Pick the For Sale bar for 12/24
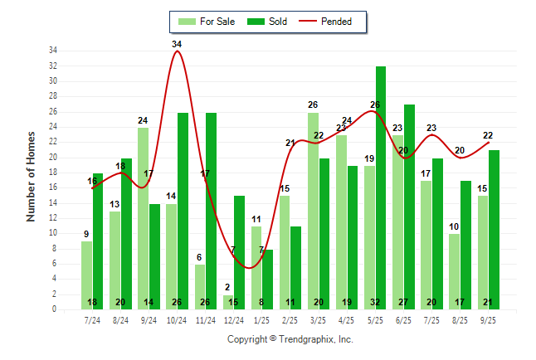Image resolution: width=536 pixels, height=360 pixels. tap(228, 302)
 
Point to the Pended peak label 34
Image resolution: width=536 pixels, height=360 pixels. tap(177, 44)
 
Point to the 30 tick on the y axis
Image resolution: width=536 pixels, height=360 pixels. tap(52, 81)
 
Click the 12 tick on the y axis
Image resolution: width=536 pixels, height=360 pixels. tap(52, 218)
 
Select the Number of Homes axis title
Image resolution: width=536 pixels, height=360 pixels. tap(32, 176)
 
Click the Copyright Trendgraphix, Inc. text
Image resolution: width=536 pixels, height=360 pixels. tap(290, 339)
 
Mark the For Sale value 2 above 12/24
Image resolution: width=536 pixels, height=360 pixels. tap(227, 287)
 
